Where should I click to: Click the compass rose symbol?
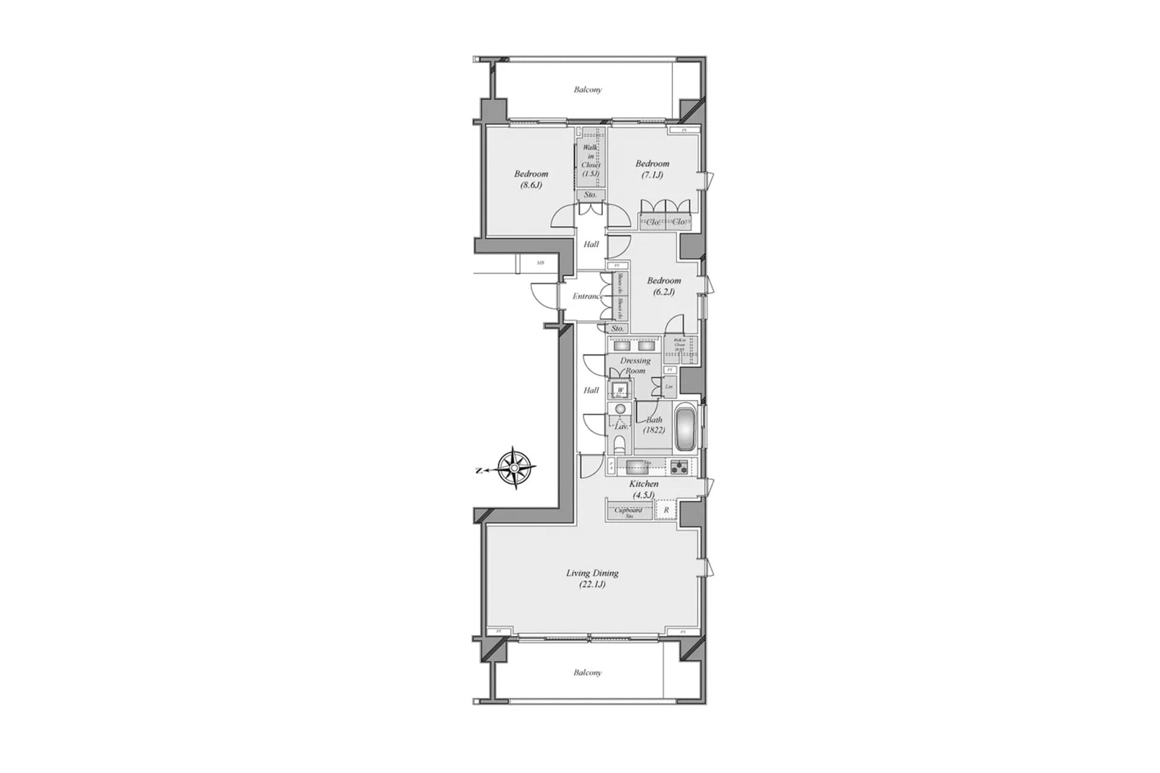[x=515, y=467]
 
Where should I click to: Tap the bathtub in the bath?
[x=685, y=429]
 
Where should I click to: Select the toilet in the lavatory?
[x=619, y=446]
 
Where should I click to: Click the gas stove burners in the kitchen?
[x=680, y=467]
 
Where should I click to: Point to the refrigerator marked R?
[x=666, y=510]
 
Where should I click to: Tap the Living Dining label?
[x=592, y=579]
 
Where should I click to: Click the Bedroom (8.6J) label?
[x=531, y=179]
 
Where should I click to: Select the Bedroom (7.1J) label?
[x=652, y=169]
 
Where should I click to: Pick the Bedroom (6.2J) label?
[x=663, y=286]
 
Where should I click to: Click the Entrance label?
[x=587, y=297]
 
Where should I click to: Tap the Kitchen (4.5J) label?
[x=643, y=489]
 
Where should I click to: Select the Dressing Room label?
[x=635, y=365]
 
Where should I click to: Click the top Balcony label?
[x=587, y=90]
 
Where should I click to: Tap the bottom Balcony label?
[x=587, y=673]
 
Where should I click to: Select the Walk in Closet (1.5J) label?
[x=590, y=160]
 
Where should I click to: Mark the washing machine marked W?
[x=620, y=391]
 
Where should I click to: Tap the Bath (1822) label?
[x=654, y=425]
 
